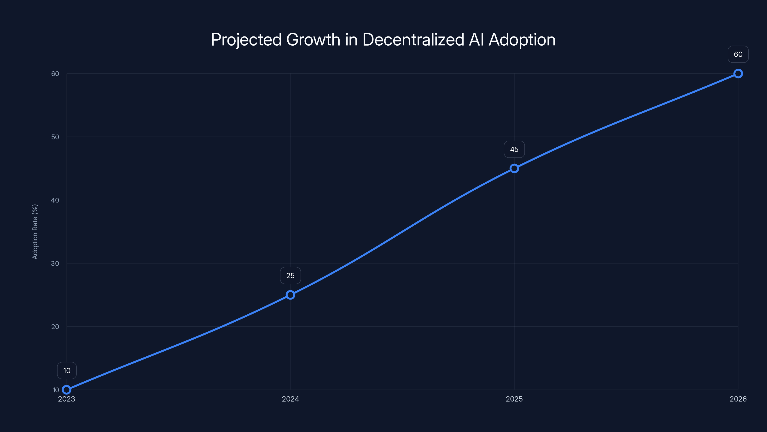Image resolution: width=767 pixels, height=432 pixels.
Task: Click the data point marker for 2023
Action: click(x=66, y=390)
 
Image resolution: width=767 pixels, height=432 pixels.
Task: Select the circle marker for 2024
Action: click(x=290, y=295)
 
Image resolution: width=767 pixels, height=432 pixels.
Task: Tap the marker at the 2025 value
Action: click(x=514, y=168)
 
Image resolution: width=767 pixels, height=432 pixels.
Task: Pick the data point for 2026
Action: click(x=738, y=74)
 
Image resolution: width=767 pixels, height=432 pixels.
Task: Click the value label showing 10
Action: click(x=67, y=371)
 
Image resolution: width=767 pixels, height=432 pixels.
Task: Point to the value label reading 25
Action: click(x=290, y=276)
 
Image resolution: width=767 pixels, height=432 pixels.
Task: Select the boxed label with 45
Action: click(x=514, y=149)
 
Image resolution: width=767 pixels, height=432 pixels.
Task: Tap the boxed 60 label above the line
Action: click(x=738, y=54)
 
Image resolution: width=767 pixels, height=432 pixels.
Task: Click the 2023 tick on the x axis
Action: click(x=66, y=399)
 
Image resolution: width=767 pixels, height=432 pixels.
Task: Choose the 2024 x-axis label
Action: click(x=290, y=399)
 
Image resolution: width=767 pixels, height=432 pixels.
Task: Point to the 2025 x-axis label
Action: click(x=514, y=399)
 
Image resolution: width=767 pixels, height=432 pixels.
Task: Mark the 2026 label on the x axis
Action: click(x=738, y=399)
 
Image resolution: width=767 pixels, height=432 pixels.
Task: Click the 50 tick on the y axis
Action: click(x=55, y=137)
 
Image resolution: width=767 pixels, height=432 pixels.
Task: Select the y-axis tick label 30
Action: click(x=55, y=263)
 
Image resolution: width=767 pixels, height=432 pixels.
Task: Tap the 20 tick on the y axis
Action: click(x=55, y=326)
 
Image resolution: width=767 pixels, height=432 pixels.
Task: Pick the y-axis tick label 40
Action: click(x=55, y=200)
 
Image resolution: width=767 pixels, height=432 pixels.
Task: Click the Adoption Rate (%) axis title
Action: click(x=35, y=232)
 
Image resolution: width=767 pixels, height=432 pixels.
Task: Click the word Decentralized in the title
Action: click(x=413, y=40)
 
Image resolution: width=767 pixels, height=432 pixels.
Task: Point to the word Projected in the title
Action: click(x=246, y=40)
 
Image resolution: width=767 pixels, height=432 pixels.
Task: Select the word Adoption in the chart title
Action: click(x=522, y=40)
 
